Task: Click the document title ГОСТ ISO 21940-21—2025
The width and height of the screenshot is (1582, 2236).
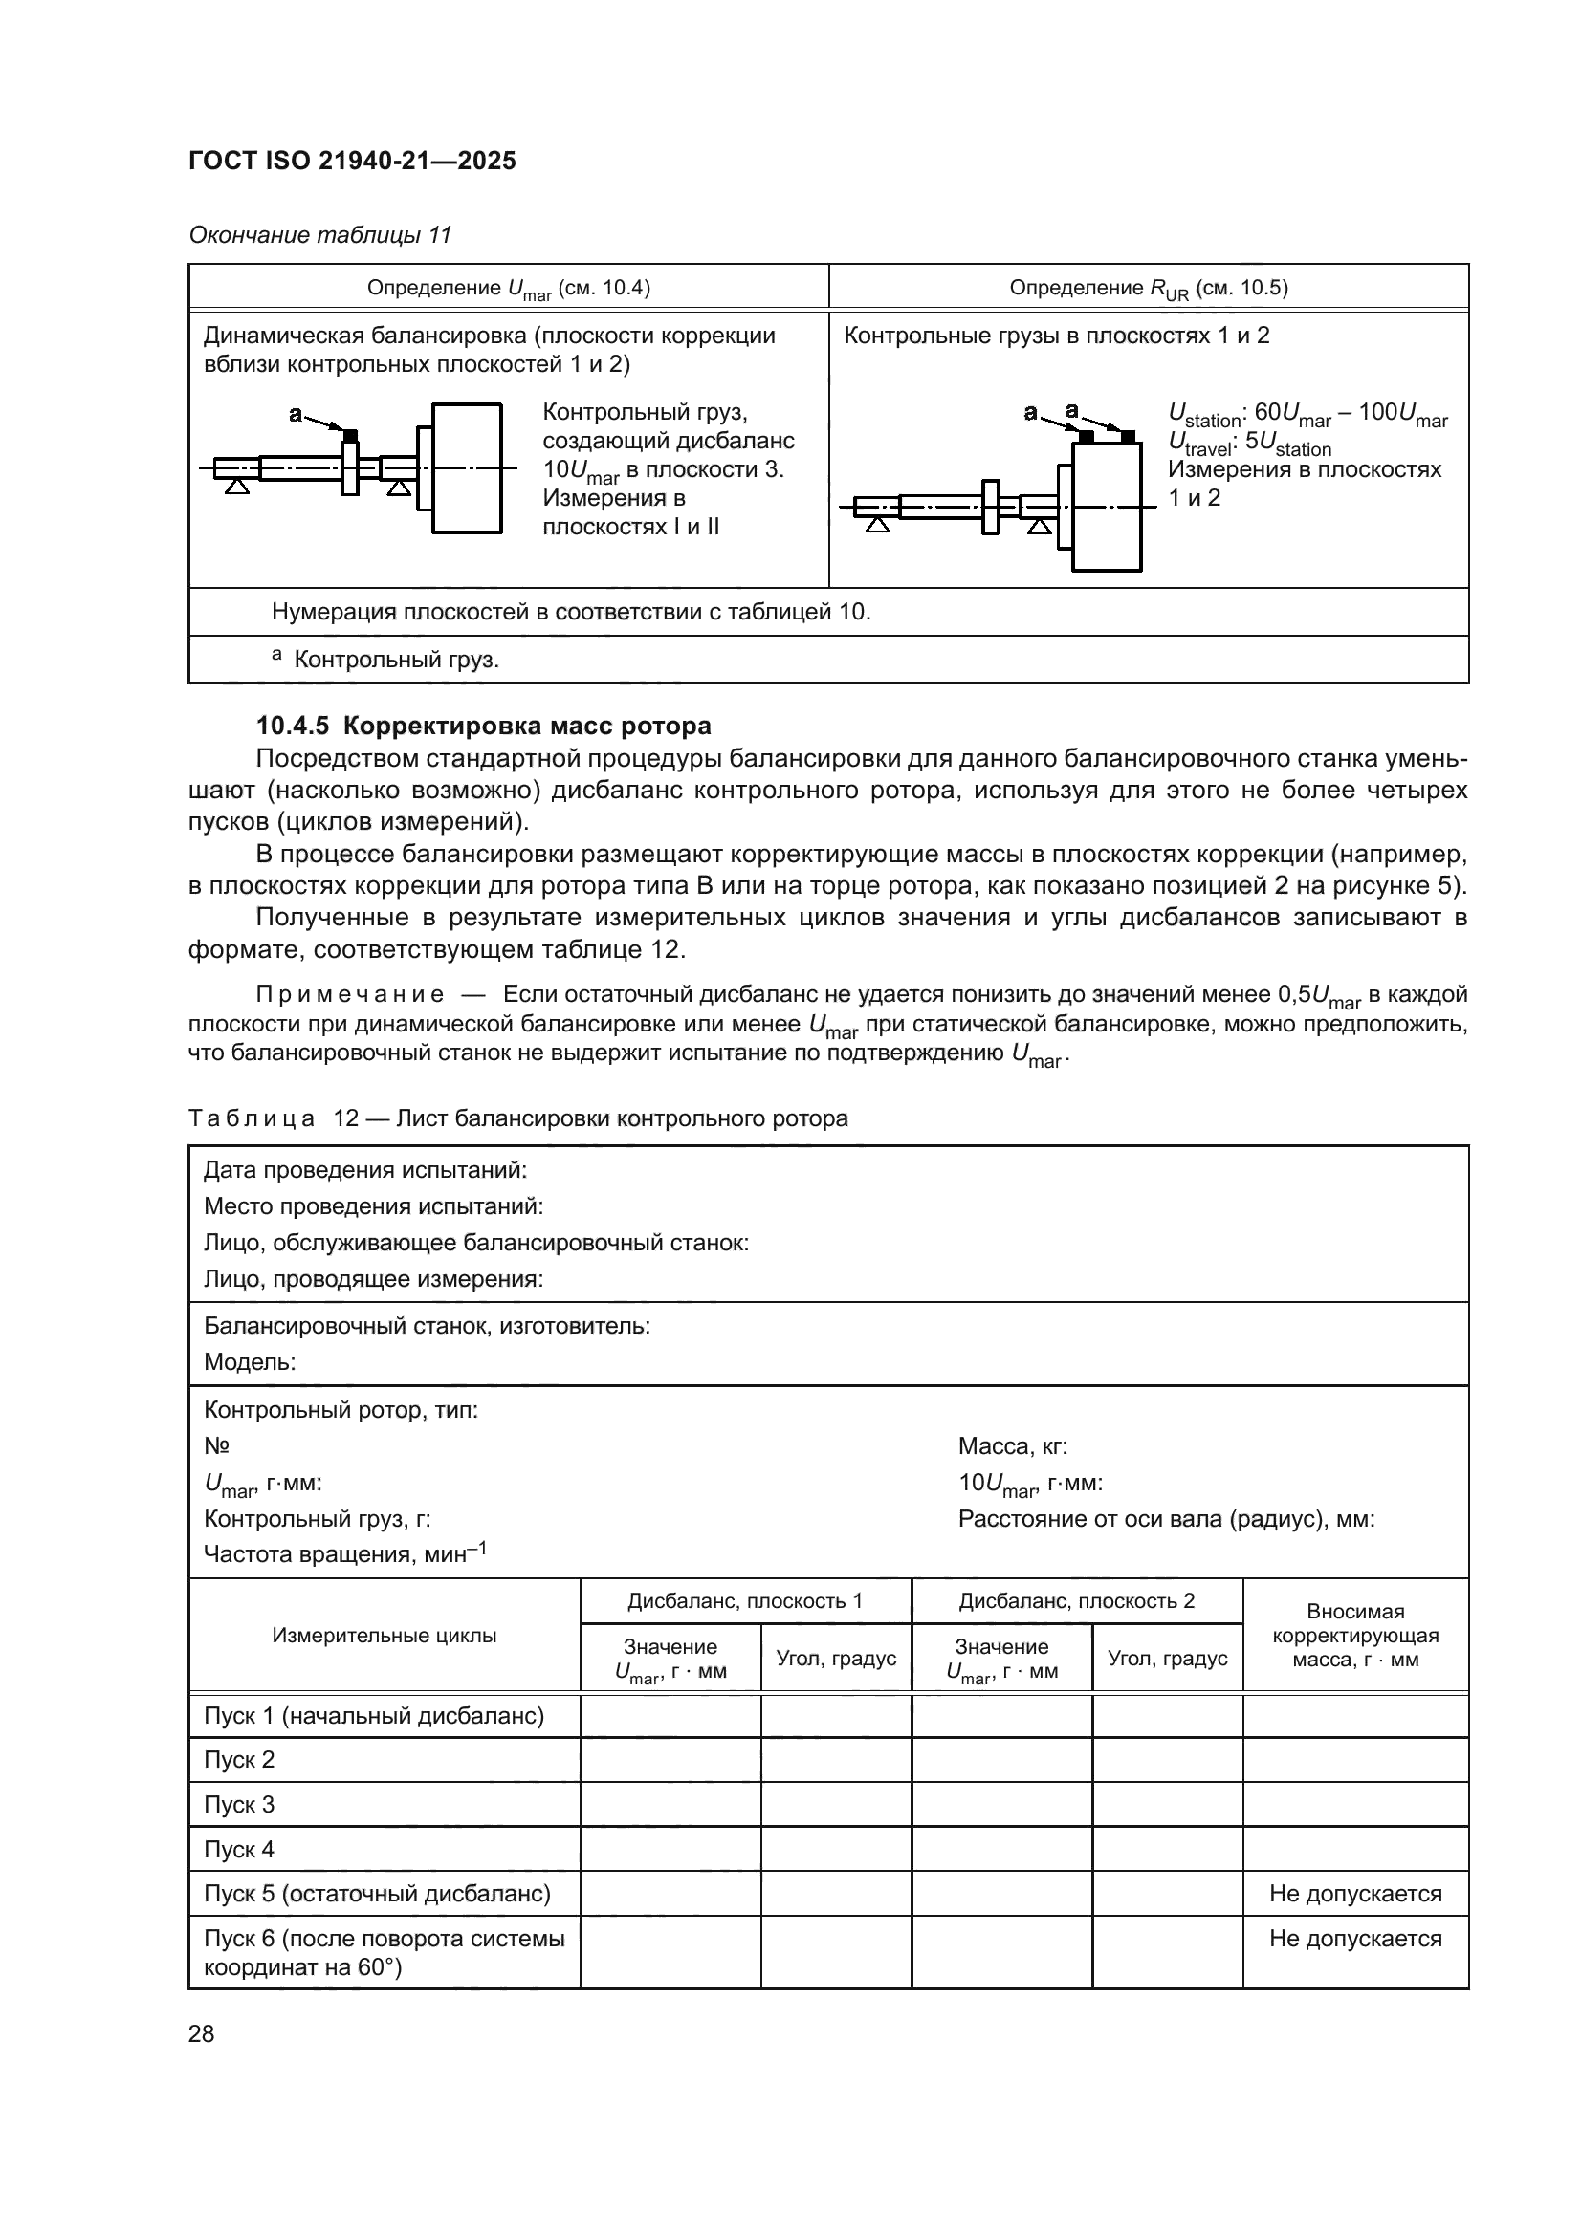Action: (x=352, y=162)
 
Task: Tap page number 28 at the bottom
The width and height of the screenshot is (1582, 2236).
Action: (x=201, y=2033)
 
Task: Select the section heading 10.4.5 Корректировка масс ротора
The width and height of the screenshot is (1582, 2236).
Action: (x=483, y=726)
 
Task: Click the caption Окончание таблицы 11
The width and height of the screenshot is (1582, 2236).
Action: (x=319, y=236)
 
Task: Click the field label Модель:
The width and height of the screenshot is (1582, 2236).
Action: (x=250, y=1362)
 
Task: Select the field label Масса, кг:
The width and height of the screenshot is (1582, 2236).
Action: (x=1013, y=1447)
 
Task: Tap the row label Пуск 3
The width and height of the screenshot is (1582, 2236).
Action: (x=240, y=1805)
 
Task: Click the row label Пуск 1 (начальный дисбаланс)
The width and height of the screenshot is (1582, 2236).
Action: (x=373, y=1716)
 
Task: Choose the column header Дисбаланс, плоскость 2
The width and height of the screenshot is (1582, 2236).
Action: (x=1076, y=1601)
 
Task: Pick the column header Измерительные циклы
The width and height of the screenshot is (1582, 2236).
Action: (x=384, y=1635)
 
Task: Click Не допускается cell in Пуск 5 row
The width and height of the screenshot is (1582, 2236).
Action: (x=1355, y=1893)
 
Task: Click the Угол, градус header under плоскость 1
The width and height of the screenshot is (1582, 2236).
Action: (x=836, y=1659)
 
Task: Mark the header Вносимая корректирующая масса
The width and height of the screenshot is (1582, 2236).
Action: (x=1355, y=1635)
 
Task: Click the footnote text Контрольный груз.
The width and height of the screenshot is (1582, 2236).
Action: (x=396, y=661)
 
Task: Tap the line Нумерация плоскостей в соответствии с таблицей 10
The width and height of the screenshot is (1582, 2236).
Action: (x=571, y=612)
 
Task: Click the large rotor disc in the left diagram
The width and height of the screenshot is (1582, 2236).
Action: (x=468, y=467)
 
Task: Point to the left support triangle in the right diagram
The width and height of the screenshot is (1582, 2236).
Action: (x=878, y=526)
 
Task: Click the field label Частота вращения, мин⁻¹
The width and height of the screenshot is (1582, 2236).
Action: (x=345, y=1554)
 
